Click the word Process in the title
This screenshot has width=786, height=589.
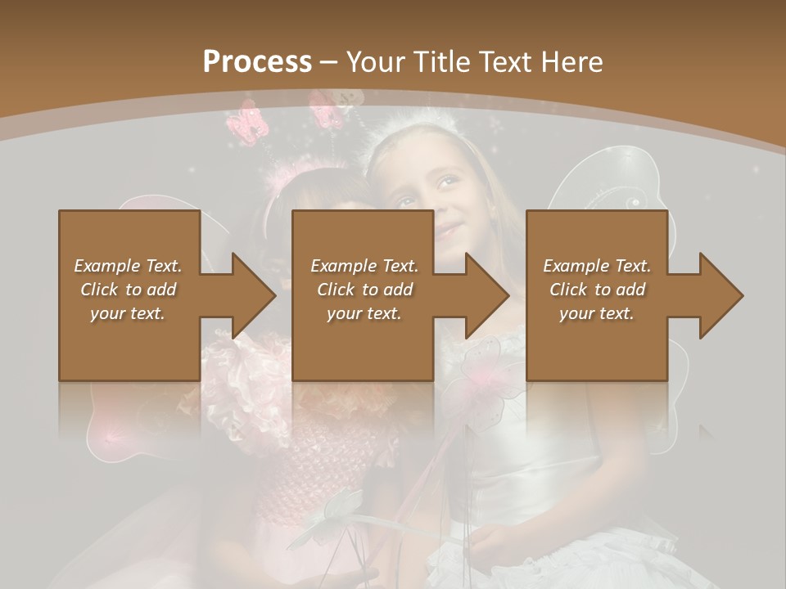tap(257, 62)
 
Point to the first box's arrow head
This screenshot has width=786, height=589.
tap(254, 295)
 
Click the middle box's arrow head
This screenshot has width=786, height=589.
tap(487, 295)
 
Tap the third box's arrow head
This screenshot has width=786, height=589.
tap(721, 295)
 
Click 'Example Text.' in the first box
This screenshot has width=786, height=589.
tap(128, 266)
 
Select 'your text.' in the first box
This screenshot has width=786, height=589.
tap(128, 313)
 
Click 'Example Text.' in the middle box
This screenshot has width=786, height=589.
tap(364, 266)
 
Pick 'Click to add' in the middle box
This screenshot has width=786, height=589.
tap(364, 290)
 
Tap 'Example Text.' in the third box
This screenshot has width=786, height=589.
tap(597, 266)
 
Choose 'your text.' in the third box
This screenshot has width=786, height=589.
tap(597, 313)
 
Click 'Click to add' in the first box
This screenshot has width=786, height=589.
tap(128, 290)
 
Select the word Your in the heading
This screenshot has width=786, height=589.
tap(374, 62)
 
